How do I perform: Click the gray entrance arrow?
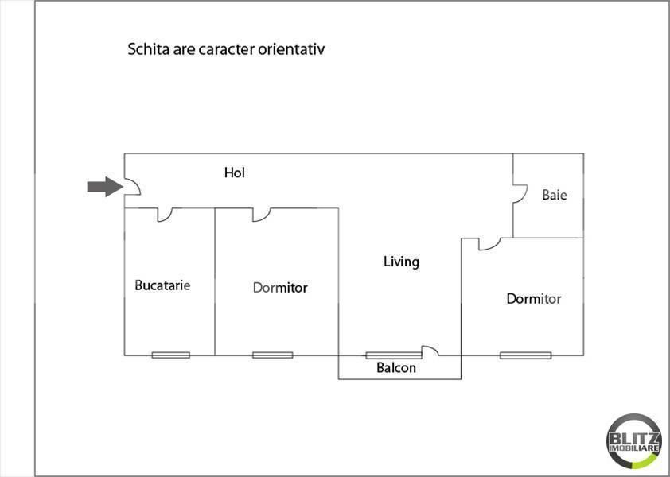[x=102, y=187]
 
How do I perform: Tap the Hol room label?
[x=234, y=172]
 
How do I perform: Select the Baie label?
[x=555, y=194]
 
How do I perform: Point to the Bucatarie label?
[x=162, y=285]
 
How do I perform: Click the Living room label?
[x=401, y=261]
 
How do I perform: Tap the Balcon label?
[x=396, y=368]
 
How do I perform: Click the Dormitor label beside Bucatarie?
[x=280, y=287]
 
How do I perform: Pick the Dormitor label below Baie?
[x=534, y=299]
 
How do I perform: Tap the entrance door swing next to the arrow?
[x=133, y=188]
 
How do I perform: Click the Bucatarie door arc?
[x=167, y=215]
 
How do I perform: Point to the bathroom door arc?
[x=520, y=195]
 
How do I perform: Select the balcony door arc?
[x=430, y=350]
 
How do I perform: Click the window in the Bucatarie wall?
[x=171, y=355]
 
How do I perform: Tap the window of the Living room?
[x=393, y=355]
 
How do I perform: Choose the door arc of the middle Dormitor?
[x=262, y=214]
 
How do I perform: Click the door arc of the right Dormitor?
[x=488, y=244]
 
